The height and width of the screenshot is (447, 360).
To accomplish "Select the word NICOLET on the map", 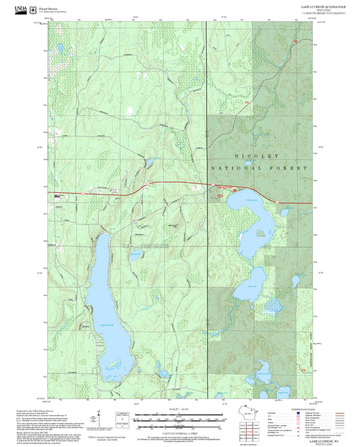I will pyautogui.click(x=259, y=155).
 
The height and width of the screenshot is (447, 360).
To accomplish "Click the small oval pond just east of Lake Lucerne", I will pyautogui.click(x=136, y=255).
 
